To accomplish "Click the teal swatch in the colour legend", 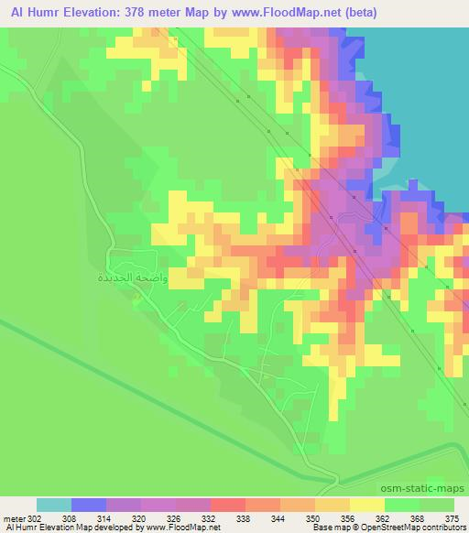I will (54, 505).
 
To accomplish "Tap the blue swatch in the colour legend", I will (89, 505).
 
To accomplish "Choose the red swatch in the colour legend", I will (228, 505).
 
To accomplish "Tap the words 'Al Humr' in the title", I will (27, 13).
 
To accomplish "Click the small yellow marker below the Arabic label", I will (137, 297).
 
